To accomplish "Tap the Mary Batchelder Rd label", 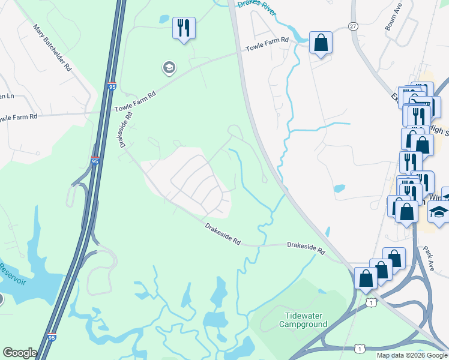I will click(53, 47).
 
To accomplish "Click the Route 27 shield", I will click(353, 26).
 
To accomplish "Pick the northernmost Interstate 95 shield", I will click(112, 87).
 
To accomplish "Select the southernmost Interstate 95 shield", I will click(52, 338).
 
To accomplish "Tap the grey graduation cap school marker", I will click(169, 68).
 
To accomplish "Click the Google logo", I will click(20, 353).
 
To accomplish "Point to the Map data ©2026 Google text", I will click(411, 355).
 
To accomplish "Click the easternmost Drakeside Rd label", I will click(306, 247).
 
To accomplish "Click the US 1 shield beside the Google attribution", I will click(359, 349).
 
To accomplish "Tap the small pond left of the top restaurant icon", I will click(164, 19).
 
